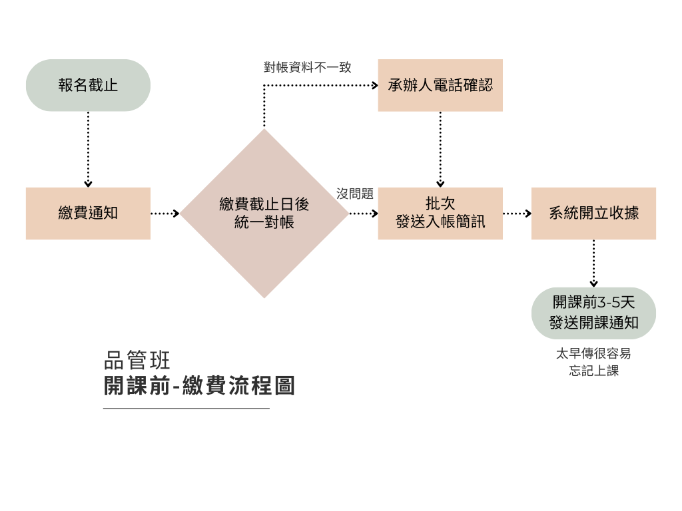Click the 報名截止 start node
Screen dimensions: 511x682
point(88,85)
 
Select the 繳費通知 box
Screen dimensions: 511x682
point(88,213)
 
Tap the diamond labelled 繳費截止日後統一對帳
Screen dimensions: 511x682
point(264,213)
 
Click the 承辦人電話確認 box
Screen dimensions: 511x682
point(440,85)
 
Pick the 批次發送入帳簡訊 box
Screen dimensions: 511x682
point(440,213)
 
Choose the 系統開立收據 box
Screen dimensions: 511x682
point(593,213)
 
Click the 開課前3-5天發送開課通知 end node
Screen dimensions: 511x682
point(593,313)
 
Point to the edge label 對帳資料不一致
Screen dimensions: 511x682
point(307,67)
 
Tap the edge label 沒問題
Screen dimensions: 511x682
point(355,194)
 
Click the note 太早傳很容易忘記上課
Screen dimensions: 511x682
point(593,363)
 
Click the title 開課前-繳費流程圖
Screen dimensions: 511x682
point(199,386)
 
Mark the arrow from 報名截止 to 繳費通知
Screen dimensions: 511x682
point(88,149)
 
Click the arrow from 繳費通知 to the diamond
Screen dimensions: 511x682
point(165,214)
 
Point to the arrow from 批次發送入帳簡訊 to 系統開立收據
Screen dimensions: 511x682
point(517,214)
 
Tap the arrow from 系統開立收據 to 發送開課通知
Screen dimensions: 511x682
point(593,263)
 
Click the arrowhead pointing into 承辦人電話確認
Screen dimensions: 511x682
point(374,85)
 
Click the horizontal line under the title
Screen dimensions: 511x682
point(186,409)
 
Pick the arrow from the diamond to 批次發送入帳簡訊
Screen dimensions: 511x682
point(363,214)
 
